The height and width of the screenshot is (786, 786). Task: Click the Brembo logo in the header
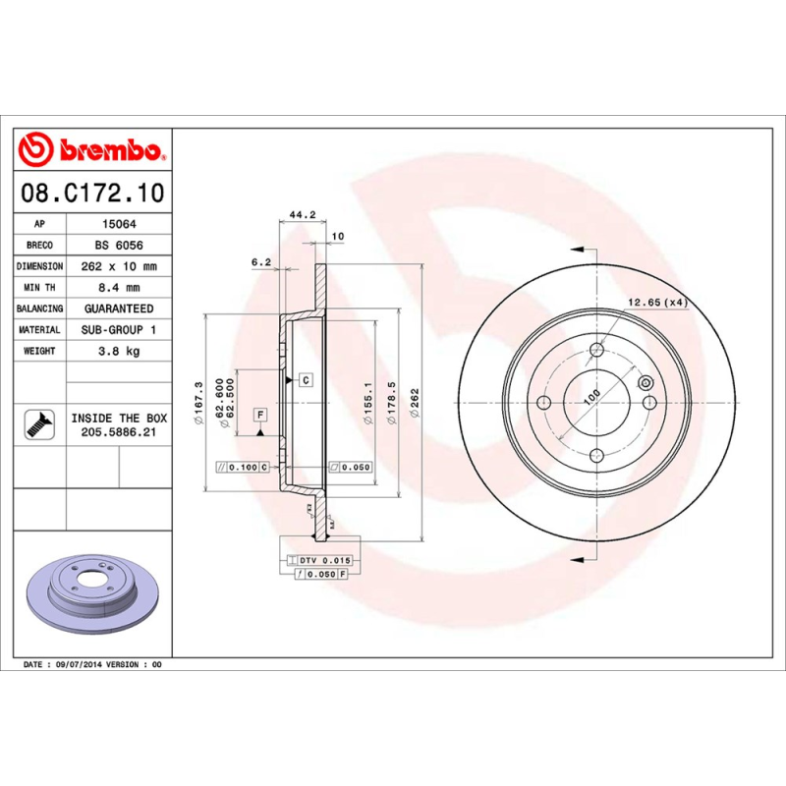tap(90, 149)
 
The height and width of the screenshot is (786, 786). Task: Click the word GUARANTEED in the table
tap(118, 309)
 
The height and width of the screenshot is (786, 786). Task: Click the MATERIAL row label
tap(39, 330)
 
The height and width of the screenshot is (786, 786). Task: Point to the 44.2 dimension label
tap(303, 214)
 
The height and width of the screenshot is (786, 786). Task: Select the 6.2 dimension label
tap(261, 261)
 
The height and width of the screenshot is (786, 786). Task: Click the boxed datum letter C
tap(306, 379)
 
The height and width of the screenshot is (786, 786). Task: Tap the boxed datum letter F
tap(261, 414)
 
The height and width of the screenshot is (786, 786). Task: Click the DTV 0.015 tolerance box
tap(319, 560)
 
